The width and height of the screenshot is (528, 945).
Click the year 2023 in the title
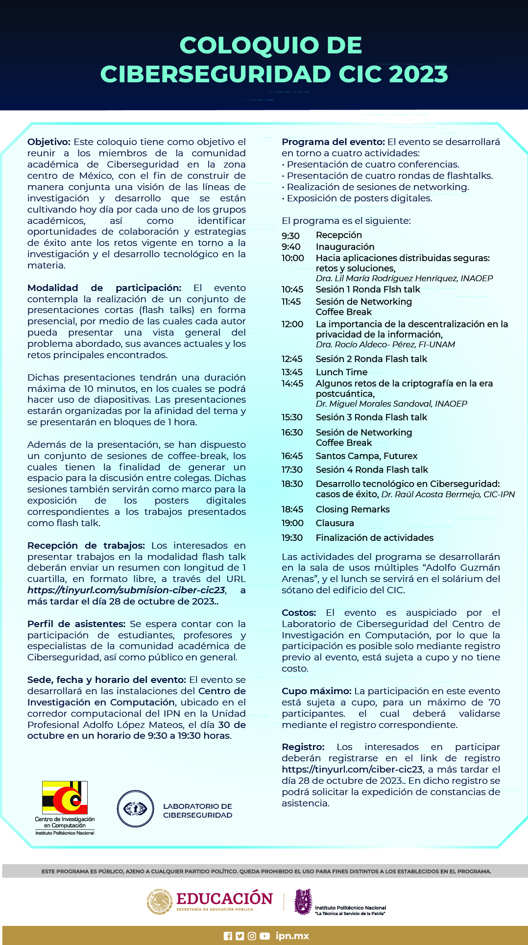419,74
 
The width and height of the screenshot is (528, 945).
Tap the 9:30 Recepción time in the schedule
290,236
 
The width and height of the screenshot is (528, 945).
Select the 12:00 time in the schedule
292,324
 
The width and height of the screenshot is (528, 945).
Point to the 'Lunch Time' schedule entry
341,372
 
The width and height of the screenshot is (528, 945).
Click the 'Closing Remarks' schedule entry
353,509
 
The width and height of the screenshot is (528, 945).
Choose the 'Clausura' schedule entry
335,523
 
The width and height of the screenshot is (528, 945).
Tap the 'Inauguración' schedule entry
345,247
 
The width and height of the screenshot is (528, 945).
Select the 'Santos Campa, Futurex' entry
366,456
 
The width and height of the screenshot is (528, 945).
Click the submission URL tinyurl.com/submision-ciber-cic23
126,590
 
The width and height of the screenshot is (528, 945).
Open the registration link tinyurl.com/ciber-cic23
352,769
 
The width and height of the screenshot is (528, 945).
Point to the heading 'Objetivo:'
49,142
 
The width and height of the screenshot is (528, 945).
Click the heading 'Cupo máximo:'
316,691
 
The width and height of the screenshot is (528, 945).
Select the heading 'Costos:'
299,613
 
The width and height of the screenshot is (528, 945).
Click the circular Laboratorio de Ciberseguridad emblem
135,809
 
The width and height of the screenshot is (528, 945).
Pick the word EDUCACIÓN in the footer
224,899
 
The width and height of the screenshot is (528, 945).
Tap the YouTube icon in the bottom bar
265,936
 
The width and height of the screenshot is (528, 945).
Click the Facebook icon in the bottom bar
228,936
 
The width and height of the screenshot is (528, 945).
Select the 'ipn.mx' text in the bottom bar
292,936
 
